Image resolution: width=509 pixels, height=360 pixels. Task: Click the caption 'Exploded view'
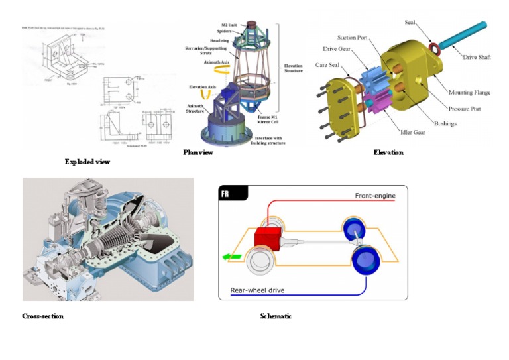coord(87,162)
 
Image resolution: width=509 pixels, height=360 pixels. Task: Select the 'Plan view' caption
coord(198,152)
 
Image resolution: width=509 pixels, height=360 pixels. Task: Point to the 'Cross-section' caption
coord(43,316)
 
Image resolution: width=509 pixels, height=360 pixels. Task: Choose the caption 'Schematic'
coord(276,316)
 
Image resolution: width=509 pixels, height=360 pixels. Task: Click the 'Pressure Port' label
coord(464,108)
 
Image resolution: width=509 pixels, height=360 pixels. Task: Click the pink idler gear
coord(376,103)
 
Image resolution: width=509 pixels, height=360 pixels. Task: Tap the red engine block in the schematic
coord(268,239)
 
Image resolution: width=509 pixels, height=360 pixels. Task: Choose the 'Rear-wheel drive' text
coord(262,290)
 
